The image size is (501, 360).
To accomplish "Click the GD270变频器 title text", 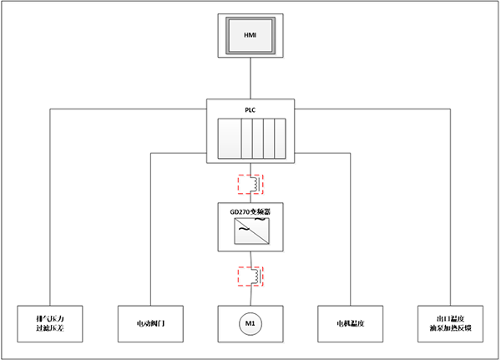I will (250, 213).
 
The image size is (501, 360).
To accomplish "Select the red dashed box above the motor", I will (249, 275).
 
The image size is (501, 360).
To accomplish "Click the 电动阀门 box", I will (150, 322).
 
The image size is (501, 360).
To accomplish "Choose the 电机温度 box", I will (351, 322).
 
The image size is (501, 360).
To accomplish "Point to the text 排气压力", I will (52, 317).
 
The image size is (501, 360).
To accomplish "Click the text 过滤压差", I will (52, 327).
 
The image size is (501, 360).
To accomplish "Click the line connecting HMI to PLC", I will (250, 79).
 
